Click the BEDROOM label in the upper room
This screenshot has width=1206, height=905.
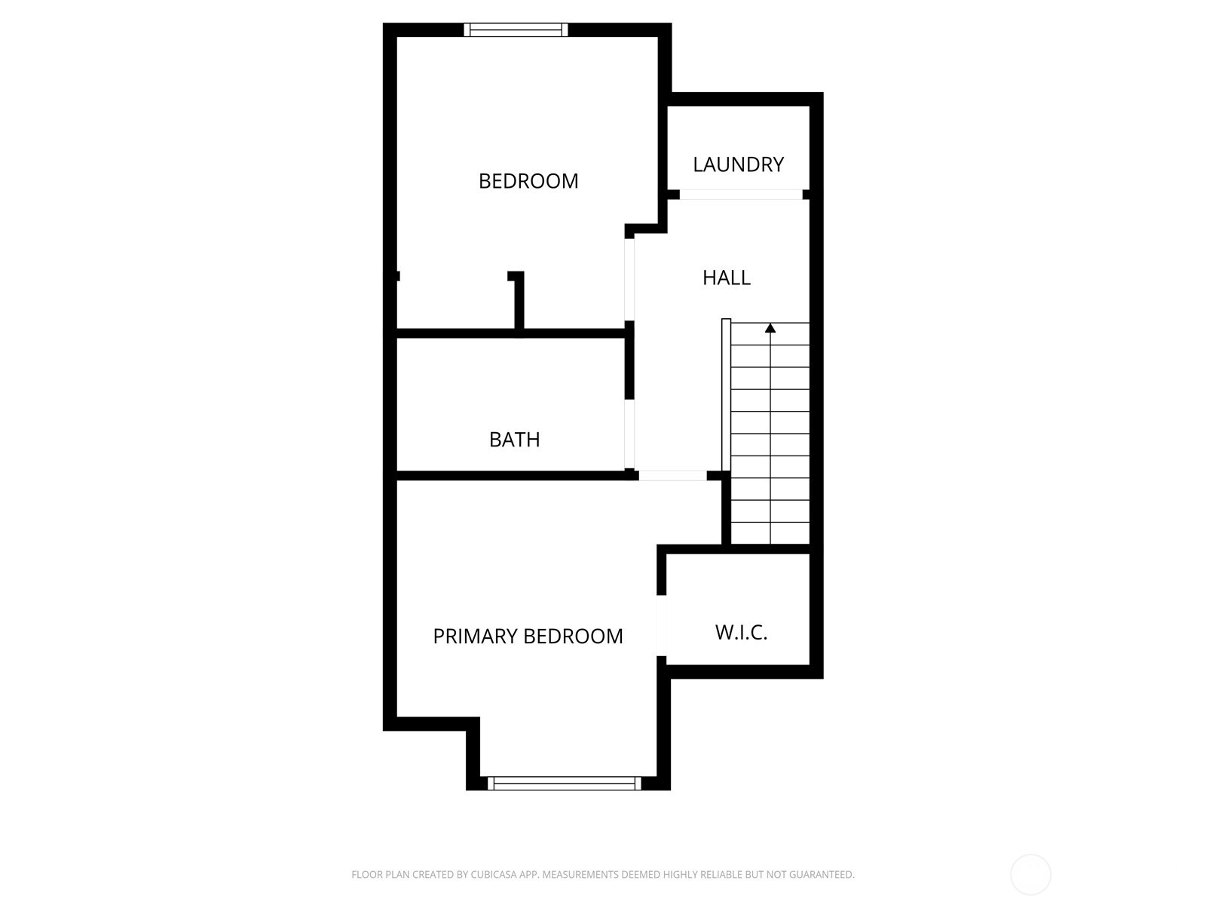coord(528,181)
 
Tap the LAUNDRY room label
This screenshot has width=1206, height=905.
coord(738,164)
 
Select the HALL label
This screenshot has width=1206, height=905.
coord(727,278)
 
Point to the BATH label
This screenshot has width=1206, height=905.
coord(514,440)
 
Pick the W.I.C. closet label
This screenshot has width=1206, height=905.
coord(741,633)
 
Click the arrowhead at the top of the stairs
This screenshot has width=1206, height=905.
coord(770,329)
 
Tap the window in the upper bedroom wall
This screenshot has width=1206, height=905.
coord(516,30)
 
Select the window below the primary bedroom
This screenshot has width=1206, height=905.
coord(564,784)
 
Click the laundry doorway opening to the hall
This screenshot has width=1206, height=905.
coord(741,195)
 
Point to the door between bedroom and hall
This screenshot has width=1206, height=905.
coord(629,279)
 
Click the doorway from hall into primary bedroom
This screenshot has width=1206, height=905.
coord(672,476)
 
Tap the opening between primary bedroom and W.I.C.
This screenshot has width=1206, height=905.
coord(662,625)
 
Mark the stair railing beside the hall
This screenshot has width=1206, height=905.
coord(726,396)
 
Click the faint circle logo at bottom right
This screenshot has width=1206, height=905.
coord(1030,875)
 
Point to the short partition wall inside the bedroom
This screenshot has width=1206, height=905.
coord(519,302)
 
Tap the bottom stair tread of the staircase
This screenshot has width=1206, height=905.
coord(770,532)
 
